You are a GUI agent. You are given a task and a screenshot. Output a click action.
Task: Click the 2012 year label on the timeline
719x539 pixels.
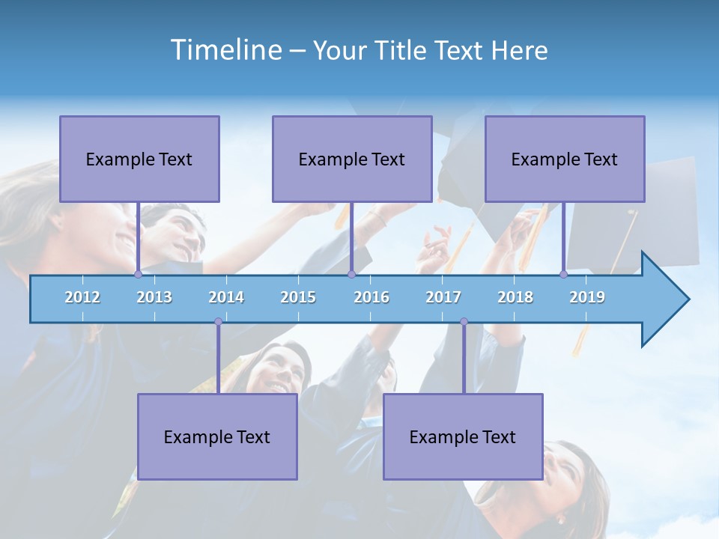click(82, 297)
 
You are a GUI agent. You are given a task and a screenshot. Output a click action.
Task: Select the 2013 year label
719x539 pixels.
click(154, 297)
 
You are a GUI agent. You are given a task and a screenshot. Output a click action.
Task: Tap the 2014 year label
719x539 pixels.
click(226, 297)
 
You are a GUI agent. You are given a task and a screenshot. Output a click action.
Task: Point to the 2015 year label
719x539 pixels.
click(298, 297)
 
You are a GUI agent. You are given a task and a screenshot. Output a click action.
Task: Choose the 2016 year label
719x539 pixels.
click(371, 297)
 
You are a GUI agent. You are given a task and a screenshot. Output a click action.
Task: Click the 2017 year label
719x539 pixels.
click(443, 297)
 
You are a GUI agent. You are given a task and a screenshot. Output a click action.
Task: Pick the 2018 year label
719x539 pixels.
click(515, 297)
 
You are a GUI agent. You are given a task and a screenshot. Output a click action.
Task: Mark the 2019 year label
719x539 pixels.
click(587, 297)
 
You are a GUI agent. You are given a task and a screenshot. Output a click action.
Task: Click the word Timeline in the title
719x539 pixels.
click(225, 49)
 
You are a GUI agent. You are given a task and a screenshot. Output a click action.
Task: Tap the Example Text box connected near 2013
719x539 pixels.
click(139, 159)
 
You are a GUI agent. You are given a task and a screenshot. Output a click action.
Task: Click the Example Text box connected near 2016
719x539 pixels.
click(352, 159)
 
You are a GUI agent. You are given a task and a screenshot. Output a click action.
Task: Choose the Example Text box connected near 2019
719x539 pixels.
click(565, 159)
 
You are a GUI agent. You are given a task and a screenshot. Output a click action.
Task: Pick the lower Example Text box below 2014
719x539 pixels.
click(217, 436)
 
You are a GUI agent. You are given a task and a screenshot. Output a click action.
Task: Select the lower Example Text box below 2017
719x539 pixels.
click(463, 436)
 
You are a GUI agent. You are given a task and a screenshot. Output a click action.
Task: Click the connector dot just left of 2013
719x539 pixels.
click(138, 274)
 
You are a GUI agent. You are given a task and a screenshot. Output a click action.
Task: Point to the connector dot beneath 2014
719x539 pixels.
click(218, 322)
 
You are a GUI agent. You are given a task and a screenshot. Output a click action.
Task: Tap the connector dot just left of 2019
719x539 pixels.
click(563, 274)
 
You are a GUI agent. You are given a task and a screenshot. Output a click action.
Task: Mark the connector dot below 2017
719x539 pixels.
click(464, 322)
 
